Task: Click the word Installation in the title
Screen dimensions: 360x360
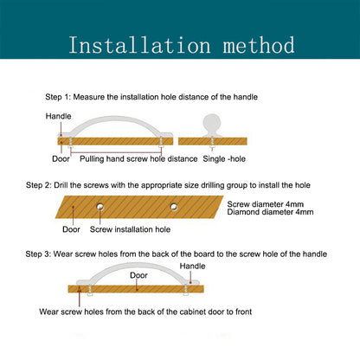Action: tap(139, 45)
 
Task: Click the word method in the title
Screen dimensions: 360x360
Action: tap(259, 45)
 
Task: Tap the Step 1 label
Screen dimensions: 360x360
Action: tap(57, 97)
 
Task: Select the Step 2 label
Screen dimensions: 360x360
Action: tap(38, 185)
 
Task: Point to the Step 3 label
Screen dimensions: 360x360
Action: tap(38, 254)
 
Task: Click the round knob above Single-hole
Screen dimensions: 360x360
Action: tap(212, 125)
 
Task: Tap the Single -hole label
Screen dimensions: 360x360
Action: tap(224, 158)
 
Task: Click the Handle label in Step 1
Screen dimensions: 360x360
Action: tap(58, 116)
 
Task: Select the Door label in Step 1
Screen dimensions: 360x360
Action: tap(61, 158)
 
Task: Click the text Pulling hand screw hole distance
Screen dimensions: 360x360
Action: tap(138, 158)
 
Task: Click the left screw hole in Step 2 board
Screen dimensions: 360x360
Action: tap(100, 207)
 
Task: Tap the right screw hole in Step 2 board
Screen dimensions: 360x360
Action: tap(174, 207)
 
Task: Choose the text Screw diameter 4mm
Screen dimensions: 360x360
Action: tap(266, 204)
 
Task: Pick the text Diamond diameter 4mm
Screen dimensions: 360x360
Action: tap(270, 212)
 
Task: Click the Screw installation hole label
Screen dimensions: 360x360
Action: tap(130, 229)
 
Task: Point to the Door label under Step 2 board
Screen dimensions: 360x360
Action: tap(71, 229)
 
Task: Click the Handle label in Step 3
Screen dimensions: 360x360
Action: tap(192, 266)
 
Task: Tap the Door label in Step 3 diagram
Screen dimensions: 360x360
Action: tap(138, 275)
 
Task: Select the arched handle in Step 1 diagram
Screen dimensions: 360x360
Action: tap(115, 119)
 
